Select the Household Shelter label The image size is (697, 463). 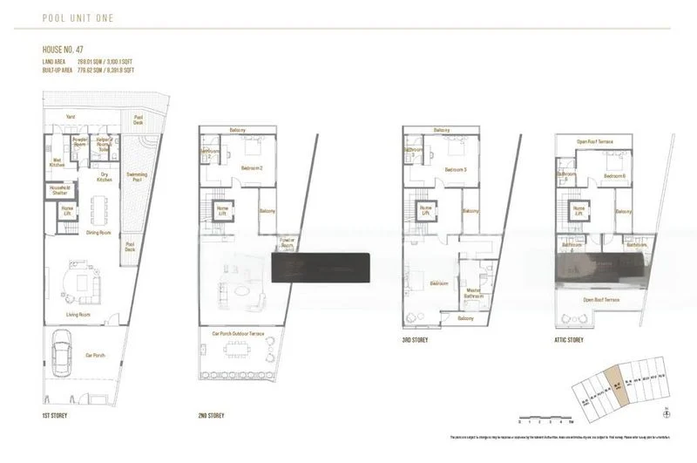pos(58,190)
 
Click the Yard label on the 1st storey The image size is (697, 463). pos(71,116)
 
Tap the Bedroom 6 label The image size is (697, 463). pos(614,176)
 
